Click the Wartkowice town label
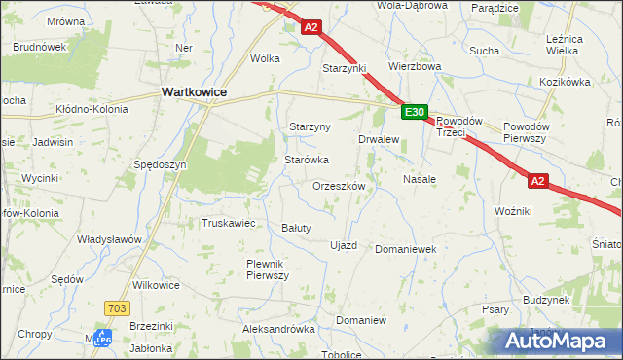click(x=193, y=91)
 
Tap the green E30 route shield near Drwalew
click(x=414, y=113)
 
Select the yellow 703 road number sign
click(x=115, y=307)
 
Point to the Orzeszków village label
click(x=339, y=186)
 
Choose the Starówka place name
click(x=307, y=160)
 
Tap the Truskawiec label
click(x=228, y=223)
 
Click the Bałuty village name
click(x=295, y=228)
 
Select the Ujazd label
click(x=345, y=245)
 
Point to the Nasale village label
click(x=419, y=180)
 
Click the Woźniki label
click(x=512, y=211)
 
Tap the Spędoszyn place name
click(x=160, y=165)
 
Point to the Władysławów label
click(x=110, y=239)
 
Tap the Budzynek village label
click(x=545, y=301)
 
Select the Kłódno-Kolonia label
click(x=92, y=109)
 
